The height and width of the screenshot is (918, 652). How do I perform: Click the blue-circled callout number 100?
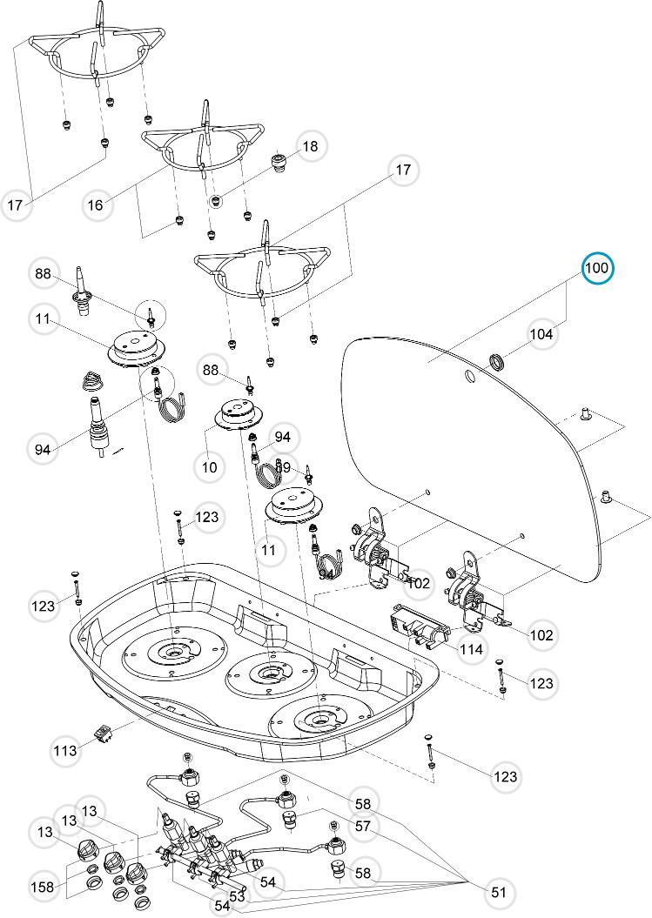[597, 268]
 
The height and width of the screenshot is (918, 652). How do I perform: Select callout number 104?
[541, 334]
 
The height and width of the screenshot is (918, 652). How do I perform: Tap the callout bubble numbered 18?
[310, 146]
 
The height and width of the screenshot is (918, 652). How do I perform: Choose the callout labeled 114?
[471, 649]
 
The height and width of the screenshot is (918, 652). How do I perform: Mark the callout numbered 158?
[43, 887]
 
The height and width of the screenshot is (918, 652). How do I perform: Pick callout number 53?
[237, 895]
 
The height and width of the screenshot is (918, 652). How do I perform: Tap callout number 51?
[498, 891]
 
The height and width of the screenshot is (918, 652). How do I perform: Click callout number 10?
[209, 466]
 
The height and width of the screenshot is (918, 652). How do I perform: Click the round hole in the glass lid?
[469, 376]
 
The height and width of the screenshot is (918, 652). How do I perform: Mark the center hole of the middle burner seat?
[268, 672]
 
